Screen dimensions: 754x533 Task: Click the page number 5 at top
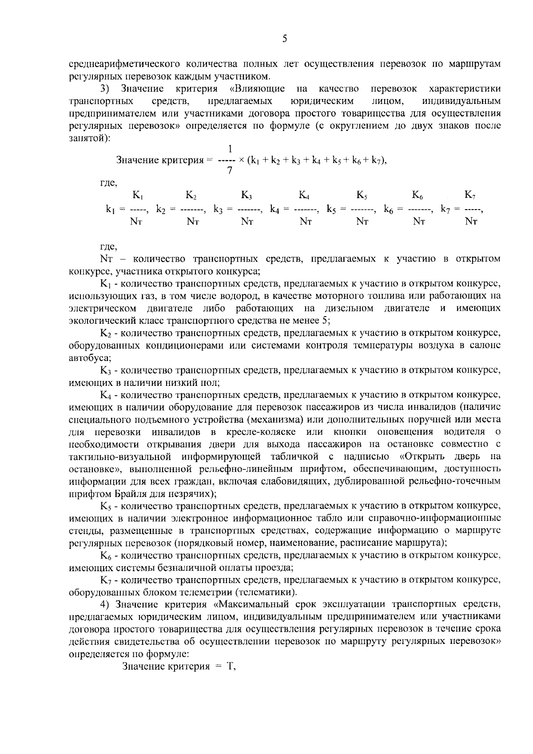[284, 40]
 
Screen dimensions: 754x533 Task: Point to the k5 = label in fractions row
[336, 209]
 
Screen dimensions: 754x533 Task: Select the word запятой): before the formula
[89, 138]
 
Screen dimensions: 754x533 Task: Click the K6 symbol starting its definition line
[106, 555]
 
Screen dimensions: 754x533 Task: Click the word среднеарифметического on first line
[121, 64]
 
